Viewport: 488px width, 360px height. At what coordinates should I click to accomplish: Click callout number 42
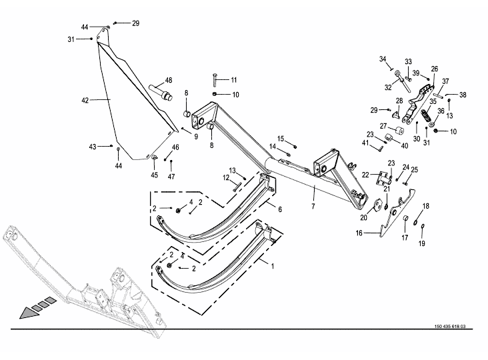click(85, 101)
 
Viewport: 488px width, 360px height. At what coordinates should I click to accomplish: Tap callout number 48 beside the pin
click(169, 80)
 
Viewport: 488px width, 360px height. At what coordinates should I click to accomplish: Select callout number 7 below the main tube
click(313, 206)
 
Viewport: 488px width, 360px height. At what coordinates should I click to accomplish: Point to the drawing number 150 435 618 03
click(450, 327)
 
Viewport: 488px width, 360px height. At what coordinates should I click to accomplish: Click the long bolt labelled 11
click(215, 80)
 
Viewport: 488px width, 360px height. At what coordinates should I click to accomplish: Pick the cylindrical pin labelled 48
click(161, 93)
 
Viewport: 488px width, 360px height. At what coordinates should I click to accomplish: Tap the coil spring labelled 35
click(425, 116)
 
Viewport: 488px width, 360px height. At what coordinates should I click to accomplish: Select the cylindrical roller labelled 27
click(399, 131)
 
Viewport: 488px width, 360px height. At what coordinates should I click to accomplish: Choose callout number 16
click(359, 233)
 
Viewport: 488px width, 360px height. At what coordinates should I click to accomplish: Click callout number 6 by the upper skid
click(280, 209)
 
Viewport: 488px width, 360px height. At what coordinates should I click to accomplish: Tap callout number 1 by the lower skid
click(273, 267)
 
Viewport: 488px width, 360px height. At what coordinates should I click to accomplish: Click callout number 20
click(363, 218)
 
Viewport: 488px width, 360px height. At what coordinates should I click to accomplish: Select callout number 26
click(435, 69)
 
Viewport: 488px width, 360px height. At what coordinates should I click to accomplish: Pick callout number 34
click(383, 59)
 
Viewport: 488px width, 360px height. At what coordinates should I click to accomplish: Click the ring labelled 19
click(422, 226)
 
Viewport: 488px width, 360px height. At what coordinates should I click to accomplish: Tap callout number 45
click(155, 175)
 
